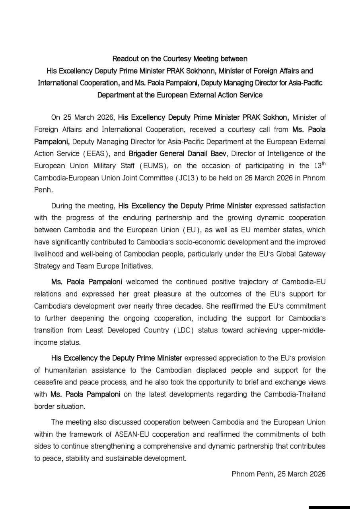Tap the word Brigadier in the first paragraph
click(146, 153)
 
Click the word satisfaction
click(303, 206)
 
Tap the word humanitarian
click(64, 370)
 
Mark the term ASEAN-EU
click(131, 434)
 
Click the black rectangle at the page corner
click(329, 507)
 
